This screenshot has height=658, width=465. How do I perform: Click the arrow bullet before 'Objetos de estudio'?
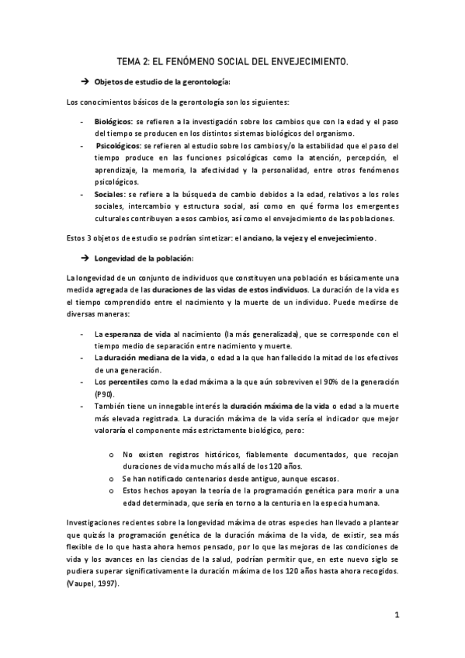[85, 82]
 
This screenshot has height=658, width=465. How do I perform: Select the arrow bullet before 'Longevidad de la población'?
[85, 257]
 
